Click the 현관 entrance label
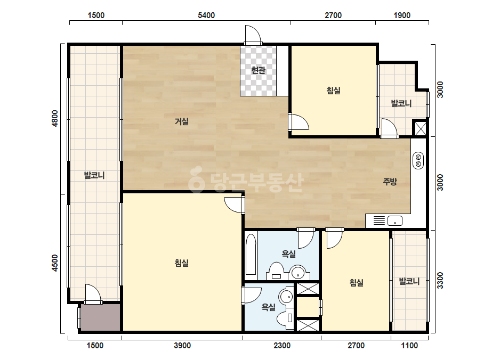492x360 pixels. click(258, 70)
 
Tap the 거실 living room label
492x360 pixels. click(182, 121)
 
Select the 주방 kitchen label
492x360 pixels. click(390, 181)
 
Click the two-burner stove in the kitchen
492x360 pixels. click(418, 160)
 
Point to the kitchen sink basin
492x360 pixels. click(395, 221)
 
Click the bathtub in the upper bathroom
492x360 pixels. click(251, 255)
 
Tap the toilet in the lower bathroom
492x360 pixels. click(285, 319)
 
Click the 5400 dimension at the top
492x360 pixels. click(206, 15)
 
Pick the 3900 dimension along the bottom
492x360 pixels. click(182, 345)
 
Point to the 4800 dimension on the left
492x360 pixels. click(55, 118)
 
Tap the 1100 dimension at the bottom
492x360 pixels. click(409, 345)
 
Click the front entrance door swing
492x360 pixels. click(253, 34)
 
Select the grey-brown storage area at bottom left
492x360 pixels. click(100, 317)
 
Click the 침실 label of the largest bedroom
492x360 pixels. click(182, 263)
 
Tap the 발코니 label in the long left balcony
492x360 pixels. click(94, 175)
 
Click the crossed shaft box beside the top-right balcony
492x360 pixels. click(420, 128)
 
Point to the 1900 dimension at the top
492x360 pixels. click(402, 15)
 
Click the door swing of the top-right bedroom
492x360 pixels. click(299, 122)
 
